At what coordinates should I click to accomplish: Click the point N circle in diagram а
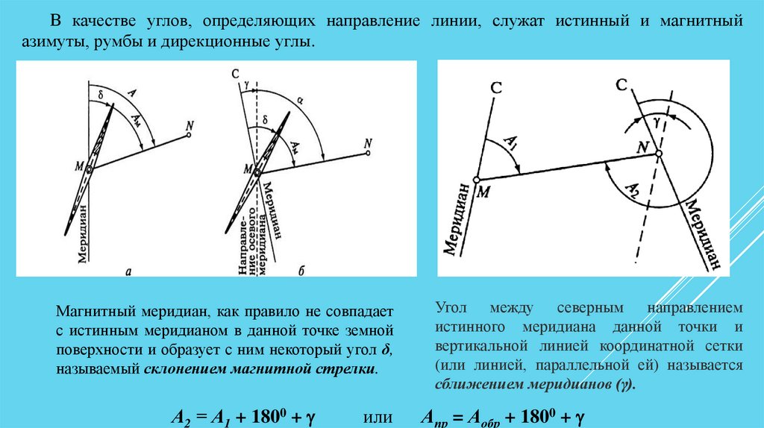(190, 135)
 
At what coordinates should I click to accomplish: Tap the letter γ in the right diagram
(657, 119)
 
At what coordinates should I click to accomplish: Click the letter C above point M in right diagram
(496, 88)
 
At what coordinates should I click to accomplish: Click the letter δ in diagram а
(100, 95)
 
